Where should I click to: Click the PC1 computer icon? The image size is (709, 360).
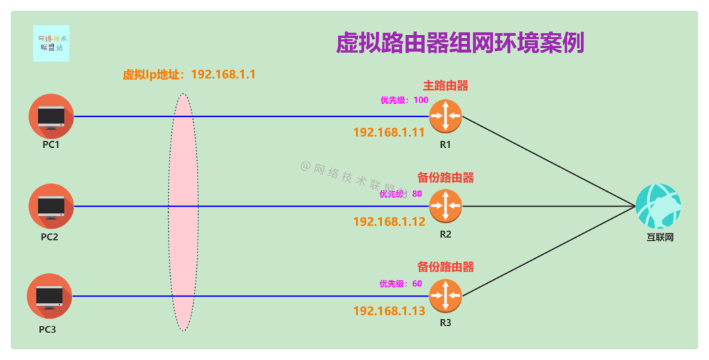click(x=51, y=116)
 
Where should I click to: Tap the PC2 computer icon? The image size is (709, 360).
click(x=51, y=206)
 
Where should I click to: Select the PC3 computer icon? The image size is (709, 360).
click(x=49, y=296)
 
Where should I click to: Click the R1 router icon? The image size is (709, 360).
click(x=446, y=116)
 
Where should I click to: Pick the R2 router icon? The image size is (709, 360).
click(x=446, y=206)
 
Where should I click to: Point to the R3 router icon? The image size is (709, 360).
click(x=446, y=296)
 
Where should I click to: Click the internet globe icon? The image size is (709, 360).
click(x=658, y=206)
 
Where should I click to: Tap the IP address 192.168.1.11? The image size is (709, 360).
click(x=389, y=132)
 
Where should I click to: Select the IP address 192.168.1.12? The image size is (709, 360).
click(x=389, y=221)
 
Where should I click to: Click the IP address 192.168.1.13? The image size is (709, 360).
click(x=389, y=311)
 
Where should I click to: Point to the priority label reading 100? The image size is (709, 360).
click(x=404, y=101)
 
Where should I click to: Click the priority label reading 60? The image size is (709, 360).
click(x=400, y=284)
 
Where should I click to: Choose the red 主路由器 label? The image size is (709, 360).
click(x=446, y=86)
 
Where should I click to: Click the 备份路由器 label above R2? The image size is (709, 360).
click(x=446, y=178)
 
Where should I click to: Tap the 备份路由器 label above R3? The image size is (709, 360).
click(x=446, y=267)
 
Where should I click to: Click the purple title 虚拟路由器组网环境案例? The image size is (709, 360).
click(x=460, y=44)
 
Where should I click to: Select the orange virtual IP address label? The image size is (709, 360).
click(x=189, y=74)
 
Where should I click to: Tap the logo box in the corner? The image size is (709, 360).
click(x=51, y=43)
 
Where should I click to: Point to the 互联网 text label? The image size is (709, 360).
click(x=659, y=237)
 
